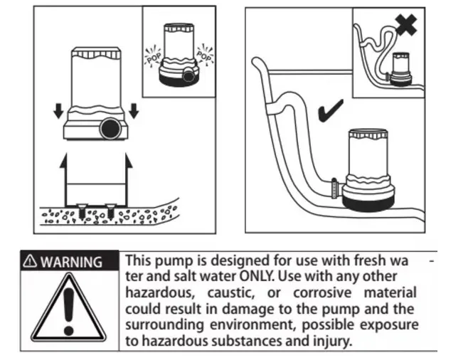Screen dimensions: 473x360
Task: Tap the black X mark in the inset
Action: point(407,24)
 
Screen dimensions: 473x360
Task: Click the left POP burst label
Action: point(153,53)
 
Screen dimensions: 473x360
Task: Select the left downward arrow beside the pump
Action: point(58,111)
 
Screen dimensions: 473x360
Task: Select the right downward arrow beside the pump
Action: point(133,111)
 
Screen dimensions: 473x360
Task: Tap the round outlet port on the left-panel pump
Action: point(110,129)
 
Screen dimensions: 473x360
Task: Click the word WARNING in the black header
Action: point(70,261)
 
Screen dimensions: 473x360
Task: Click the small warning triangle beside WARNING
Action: point(31,261)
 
